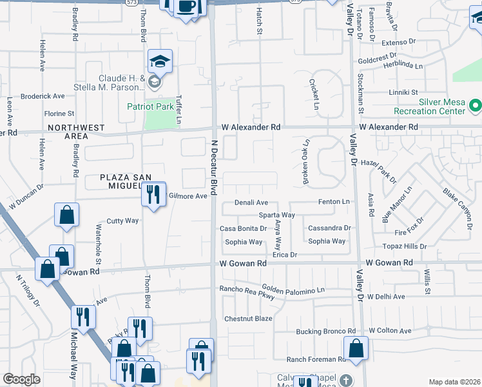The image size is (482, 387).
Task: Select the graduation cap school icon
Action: pos(160,62)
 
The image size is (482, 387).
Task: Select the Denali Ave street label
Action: pos(251,203)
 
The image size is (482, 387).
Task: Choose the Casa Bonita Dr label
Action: pos(243,228)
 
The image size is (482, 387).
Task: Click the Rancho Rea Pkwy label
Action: pos(247,292)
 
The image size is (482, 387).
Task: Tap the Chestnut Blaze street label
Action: pos(249,319)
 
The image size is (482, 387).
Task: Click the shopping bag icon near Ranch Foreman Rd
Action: pos(356,349)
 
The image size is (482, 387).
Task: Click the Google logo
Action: pos(21,379)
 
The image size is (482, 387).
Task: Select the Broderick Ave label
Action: pos(43,96)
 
